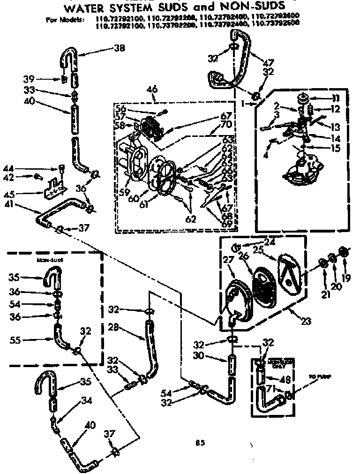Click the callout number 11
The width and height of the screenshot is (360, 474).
[336, 98]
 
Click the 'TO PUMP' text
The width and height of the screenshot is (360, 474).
[317, 376]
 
